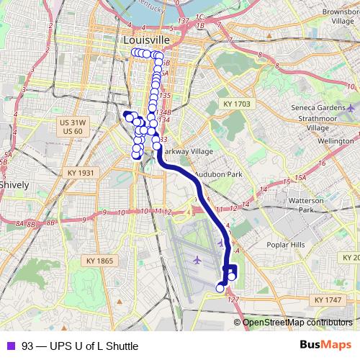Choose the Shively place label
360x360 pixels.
[x=14, y=184]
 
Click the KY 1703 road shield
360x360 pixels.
[x=237, y=104]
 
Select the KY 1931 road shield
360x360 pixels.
[x=81, y=173]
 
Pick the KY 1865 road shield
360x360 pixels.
[x=100, y=260]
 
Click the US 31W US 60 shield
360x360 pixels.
[x=73, y=127]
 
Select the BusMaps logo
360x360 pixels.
[x=325, y=345]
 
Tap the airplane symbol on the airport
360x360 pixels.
[x=197, y=258]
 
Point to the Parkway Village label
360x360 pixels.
[x=186, y=152]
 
